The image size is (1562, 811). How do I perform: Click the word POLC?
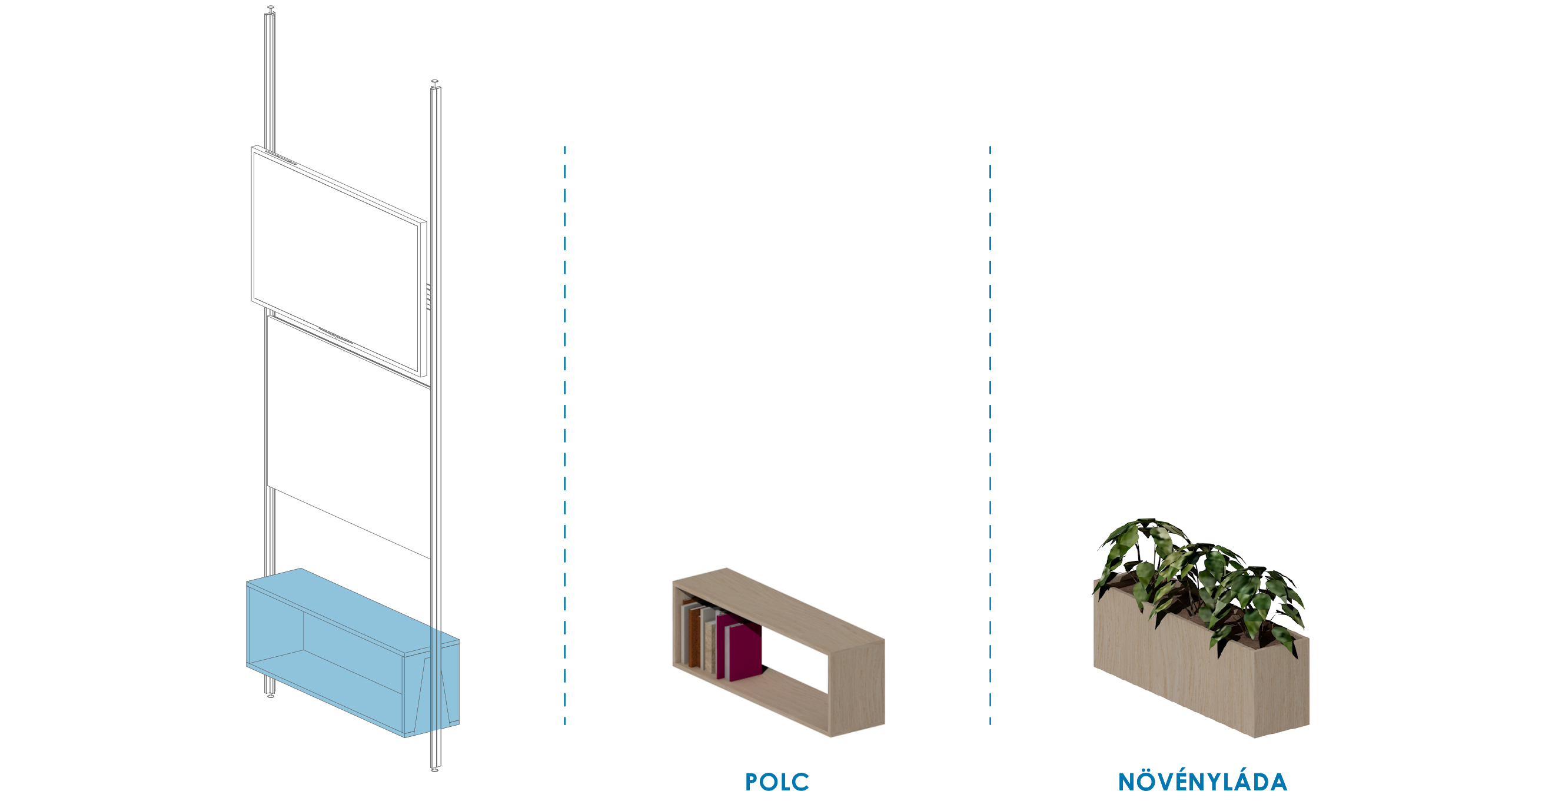tap(777, 782)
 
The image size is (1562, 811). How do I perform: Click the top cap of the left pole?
tap(271, 8)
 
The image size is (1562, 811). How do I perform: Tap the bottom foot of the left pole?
tap(271, 695)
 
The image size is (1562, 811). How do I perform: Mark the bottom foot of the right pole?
tap(435, 769)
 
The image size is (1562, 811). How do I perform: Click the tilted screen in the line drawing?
tap(338, 261)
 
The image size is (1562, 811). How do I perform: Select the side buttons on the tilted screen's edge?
tap(428, 297)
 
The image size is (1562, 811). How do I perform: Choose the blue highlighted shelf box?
tap(353, 653)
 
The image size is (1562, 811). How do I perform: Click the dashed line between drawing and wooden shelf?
tap(564, 435)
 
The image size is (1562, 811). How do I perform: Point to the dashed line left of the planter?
tap(990, 435)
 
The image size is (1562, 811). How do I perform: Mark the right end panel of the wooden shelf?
tap(858, 687)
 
